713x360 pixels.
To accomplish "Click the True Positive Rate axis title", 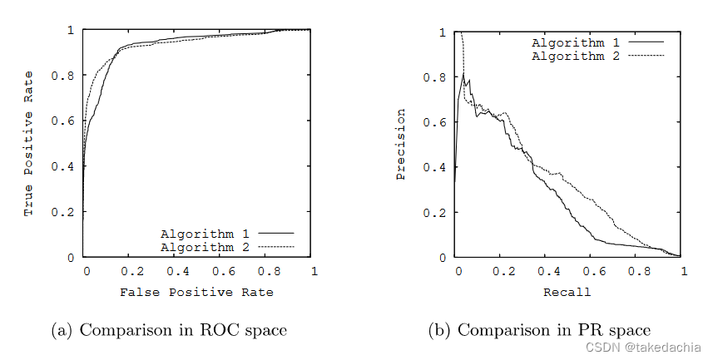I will (x=29, y=144).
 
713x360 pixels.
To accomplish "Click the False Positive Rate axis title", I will (x=196, y=292).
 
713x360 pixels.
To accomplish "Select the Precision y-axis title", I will (x=401, y=144).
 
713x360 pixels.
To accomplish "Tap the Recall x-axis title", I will (x=567, y=292).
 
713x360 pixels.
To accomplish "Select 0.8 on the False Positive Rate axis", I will (x=267, y=271).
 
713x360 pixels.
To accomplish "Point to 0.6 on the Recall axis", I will (x=593, y=271).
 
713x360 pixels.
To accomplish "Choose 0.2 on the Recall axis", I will (x=502, y=271).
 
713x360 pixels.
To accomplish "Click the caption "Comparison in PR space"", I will (x=539, y=331).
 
